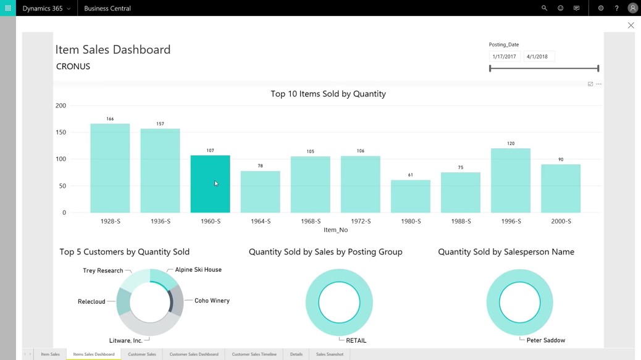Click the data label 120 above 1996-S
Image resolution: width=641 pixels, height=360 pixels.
[511, 143]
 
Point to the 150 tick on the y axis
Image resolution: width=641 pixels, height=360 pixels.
[61, 132]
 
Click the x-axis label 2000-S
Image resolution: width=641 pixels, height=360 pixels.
[561, 221]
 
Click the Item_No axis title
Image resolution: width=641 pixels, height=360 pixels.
[335, 230]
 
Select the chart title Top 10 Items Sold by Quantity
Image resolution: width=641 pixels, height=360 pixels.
[328, 94]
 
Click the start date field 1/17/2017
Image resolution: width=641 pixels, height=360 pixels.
[505, 56]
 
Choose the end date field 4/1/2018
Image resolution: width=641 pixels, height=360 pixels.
[538, 56]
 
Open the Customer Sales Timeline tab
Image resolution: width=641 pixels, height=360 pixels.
[254, 354]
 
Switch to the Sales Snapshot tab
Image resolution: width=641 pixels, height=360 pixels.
[330, 354]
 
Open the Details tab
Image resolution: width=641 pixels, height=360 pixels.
[296, 354]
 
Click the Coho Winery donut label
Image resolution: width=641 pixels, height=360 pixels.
[212, 301]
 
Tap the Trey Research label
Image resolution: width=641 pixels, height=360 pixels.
[103, 270]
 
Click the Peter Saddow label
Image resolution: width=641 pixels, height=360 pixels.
[546, 340]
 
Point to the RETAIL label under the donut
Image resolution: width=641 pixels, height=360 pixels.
[356, 340]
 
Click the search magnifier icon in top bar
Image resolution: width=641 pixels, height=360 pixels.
[544, 8]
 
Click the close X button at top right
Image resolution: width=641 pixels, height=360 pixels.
[631, 25]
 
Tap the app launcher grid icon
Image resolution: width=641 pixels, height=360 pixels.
[8, 8]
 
